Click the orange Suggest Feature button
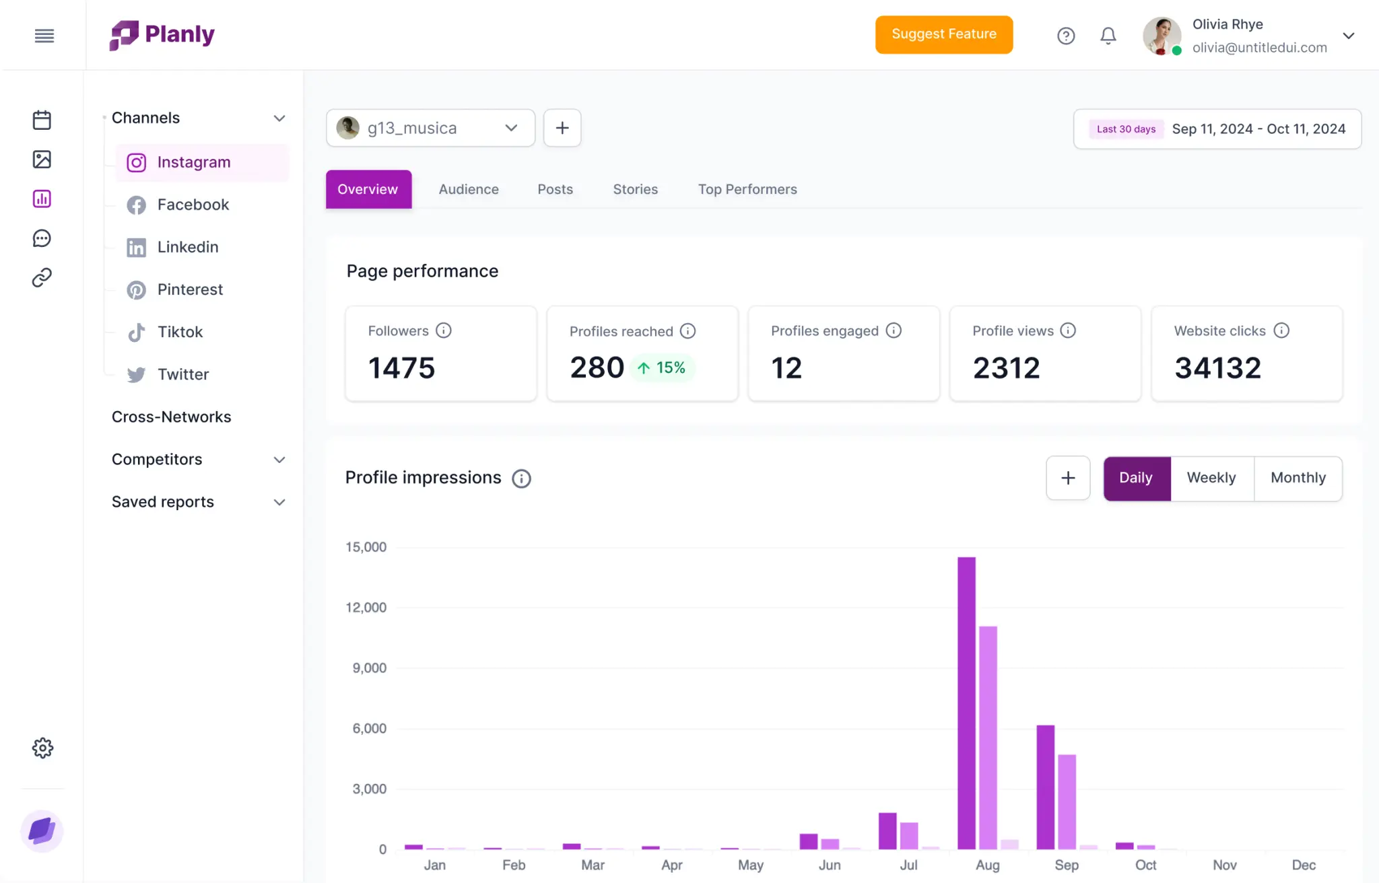(943, 34)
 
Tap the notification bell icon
(1108, 36)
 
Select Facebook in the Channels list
(193, 205)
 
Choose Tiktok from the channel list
(180, 332)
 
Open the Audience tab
(469, 189)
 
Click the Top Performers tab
(747, 189)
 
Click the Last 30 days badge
(1126, 129)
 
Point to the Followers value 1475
(402, 367)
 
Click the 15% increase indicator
(663, 367)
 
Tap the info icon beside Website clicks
(1281, 330)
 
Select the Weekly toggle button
(1211, 478)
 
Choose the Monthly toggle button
(1298, 478)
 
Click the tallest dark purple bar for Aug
(966, 703)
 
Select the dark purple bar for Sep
(1045, 787)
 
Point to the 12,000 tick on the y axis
(366, 608)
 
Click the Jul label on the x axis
(908, 865)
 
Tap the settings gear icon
(42, 748)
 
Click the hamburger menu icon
(44, 36)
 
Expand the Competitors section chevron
(279, 460)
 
